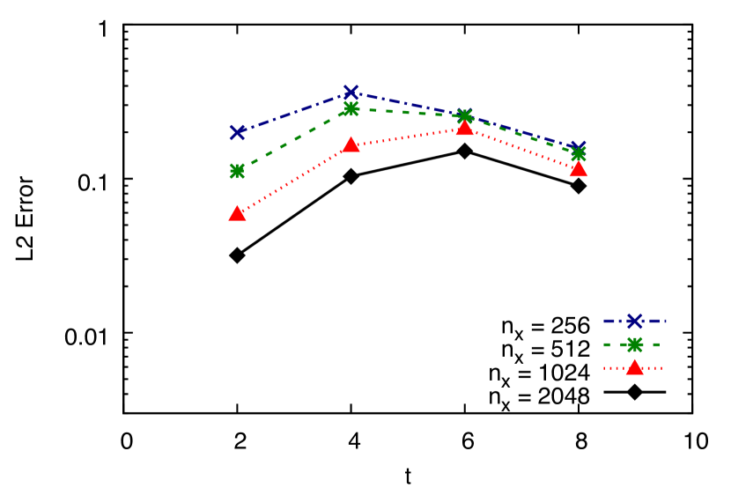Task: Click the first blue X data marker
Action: point(237,132)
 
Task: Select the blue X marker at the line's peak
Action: point(351,92)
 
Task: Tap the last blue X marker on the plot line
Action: point(578,149)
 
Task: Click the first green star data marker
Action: point(237,171)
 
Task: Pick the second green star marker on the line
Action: point(351,108)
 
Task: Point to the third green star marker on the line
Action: point(465,116)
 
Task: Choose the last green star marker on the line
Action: point(579,155)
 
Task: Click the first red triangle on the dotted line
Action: point(237,213)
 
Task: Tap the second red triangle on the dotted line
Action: point(351,144)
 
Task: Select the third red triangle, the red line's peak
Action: point(464,128)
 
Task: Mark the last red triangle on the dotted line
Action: point(578,169)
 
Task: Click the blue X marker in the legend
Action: point(634,321)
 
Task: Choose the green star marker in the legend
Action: point(634,344)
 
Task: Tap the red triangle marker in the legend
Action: point(634,367)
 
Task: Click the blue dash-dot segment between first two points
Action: point(293,113)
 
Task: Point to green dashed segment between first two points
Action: point(293,140)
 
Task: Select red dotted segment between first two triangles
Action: point(293,179)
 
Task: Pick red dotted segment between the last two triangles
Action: point(521,149)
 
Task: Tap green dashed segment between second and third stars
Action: point(408,113)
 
